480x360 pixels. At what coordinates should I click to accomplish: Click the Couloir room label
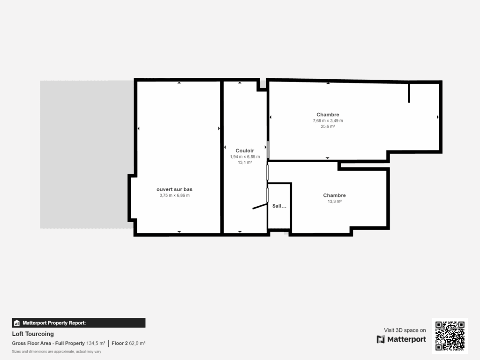coord(244,150)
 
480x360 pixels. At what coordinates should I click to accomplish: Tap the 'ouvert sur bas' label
coord(174,189)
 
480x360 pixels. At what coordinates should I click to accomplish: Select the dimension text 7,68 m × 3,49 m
coord(328,120)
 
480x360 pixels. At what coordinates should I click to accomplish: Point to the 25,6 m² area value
coord(328,126)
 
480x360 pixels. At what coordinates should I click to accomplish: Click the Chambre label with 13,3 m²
coord(334,195)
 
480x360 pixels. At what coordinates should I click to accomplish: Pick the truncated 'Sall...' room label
coord(279,206)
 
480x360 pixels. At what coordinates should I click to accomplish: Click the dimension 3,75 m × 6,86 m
coord(174,195)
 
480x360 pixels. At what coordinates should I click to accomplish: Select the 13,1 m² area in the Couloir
coord(244,162)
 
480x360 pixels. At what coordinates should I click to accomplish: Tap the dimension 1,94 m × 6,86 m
coord(244,157)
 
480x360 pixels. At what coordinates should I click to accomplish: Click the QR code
coord(450,336)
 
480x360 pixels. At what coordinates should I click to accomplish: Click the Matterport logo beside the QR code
coord(401,339)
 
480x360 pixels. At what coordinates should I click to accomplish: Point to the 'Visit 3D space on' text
coord(405,330)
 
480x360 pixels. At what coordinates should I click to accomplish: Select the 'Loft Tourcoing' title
coord(33,334)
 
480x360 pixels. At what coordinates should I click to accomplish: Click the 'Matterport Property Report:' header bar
coord(78,322)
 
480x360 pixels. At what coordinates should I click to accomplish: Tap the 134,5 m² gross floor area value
coord(96,344)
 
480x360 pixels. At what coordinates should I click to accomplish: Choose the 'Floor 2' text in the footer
coord(120,344)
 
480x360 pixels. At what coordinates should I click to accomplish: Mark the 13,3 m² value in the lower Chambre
coord(334,202)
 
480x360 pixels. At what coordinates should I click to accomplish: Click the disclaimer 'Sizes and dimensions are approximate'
coord(56,351)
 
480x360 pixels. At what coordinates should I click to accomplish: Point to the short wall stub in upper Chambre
coord(409,93)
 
